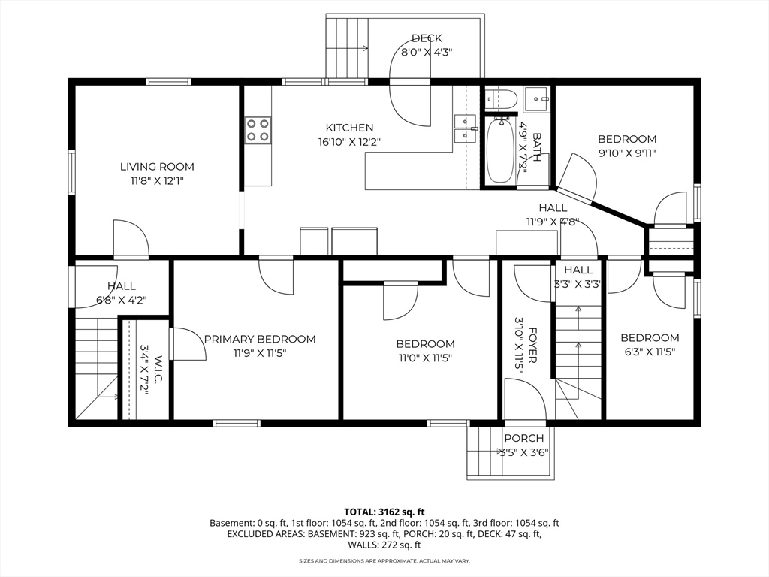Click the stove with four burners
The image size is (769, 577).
click(x=258, y=131)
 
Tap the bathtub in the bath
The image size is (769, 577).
click(x=499, y=150)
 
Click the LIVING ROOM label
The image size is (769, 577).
click(x=157, y=167)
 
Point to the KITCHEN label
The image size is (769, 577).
click(x=349, y=128)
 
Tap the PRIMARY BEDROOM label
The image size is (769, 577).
click(x=260, y=339)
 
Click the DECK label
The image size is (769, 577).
click(x=427, y=38)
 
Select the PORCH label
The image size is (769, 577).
click(x=523, y=438)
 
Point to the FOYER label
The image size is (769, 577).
click(x=533, y=346)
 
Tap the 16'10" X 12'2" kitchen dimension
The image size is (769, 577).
click(x=349, y=142)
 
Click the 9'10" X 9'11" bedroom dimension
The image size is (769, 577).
click(x=627, y=153)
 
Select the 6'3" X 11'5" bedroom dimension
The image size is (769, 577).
click(x=650, y=352)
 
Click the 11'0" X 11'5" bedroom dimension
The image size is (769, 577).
click(x=425, y=358)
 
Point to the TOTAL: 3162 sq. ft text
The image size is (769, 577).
click(x=384, y=512)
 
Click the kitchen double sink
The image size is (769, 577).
click(x=466, y=128)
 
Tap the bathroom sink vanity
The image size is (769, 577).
click(x=537, y=100)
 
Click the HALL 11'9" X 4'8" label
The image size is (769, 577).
click(x=553, y=215)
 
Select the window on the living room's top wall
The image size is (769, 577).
click(x=168, y=82)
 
